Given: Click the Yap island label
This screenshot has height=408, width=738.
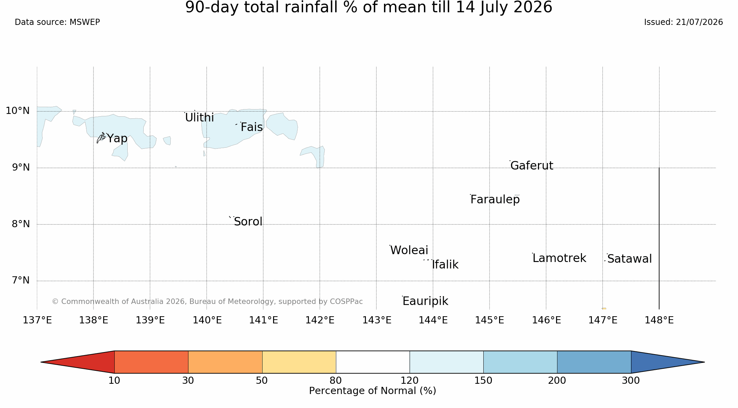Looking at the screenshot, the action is tap(117, 139).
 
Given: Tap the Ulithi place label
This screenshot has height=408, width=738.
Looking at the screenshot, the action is tap(199, 118).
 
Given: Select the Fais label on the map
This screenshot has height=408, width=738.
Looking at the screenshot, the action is tap(252, 127).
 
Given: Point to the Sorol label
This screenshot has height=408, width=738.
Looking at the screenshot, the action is tap(248, 222).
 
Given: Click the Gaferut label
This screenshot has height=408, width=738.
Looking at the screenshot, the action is tap(532, 165).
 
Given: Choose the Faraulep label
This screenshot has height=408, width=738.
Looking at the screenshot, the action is tap(495, 200).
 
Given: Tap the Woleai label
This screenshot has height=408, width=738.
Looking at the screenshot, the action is tap(409, 250).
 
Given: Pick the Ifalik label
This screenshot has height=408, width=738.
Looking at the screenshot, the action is tap(445, 265).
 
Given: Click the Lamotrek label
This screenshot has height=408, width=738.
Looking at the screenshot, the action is tap(559, 258).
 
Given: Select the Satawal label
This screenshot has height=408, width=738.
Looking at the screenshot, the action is tap(629, 259).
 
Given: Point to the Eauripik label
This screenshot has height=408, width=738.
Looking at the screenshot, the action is tap(425, 301).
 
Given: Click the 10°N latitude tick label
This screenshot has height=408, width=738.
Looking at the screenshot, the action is tap(18, 111).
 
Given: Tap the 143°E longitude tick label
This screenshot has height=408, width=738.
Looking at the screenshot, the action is tap(377, 320).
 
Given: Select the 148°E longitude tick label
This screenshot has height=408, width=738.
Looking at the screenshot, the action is tap(659, 320).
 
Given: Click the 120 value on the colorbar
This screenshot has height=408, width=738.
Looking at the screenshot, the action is tap(410, 381).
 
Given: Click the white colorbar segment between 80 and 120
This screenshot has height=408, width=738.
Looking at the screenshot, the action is tap(373, 362).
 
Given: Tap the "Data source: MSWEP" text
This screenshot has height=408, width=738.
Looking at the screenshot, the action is tap(57, 23).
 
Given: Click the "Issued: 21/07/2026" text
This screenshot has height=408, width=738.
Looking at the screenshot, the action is tap(683, 23).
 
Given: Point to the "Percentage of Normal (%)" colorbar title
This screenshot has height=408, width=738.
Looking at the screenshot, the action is tap(372, 391).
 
